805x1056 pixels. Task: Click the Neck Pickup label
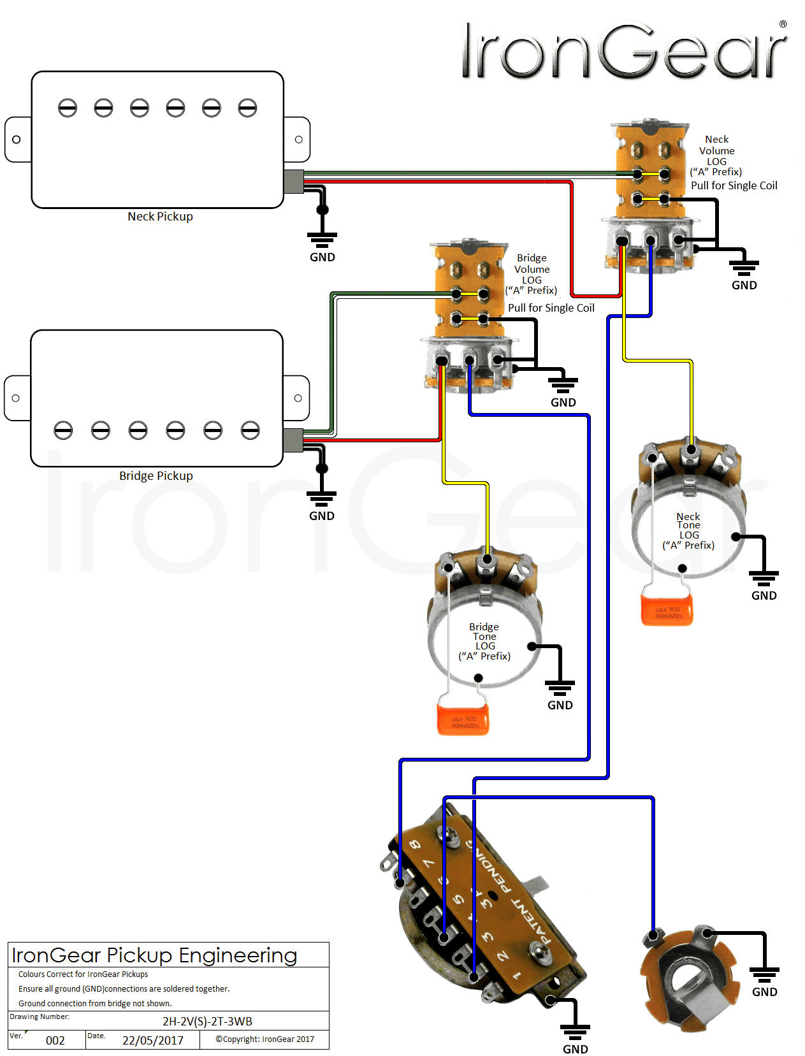click(x=160, y=217)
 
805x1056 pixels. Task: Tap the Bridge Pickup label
click(x=156, y=476)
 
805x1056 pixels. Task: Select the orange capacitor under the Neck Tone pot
click(x=667, y=610)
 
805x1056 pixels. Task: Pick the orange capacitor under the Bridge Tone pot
click(x=463, y=719)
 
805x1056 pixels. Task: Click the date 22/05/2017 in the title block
click(x=153, y=1041)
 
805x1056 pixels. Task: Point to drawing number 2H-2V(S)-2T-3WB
click(x=207, y=1022)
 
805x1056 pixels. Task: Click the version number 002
click(x=55, y=1041)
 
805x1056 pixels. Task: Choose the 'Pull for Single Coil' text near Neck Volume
click(x=734, y=186)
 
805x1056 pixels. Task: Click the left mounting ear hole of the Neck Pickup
click(x=17, y=140)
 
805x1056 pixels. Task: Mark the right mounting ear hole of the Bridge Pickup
click(x=298, y=398)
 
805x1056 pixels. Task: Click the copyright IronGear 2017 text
click(x=265, y=1039)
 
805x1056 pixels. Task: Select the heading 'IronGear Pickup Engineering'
click(x=154, y=955)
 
